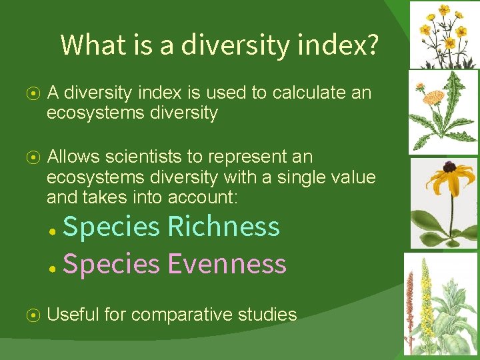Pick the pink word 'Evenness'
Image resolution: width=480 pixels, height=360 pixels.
(227, 264)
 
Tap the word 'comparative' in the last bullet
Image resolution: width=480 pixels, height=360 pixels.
(179, 315)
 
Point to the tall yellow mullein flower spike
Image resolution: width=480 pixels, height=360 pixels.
(425, 287)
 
